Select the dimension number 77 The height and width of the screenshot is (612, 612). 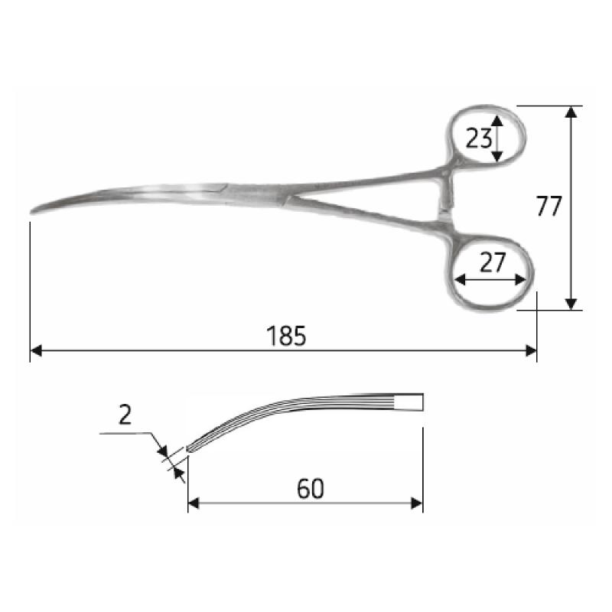(549, 207)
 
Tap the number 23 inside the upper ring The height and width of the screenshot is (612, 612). (478, 138)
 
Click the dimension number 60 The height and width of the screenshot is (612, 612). (310, 488)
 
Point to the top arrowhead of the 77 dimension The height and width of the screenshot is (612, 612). (571, 112)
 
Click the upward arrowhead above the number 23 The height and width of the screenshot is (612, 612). (498, 120)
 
